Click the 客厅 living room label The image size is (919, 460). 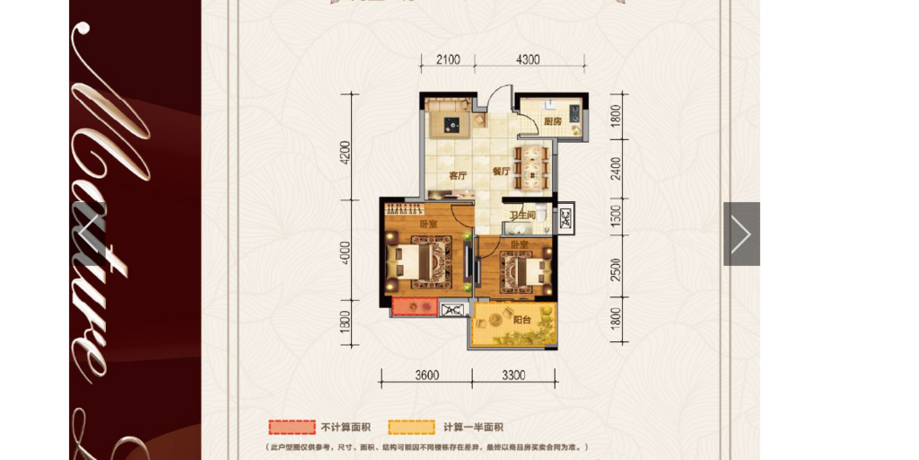[x=458, y=175]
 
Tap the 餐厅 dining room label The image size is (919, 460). [x=501, y=170]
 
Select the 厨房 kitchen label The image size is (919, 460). [x=552, y=121]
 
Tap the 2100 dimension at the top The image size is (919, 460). [x=448, y=59]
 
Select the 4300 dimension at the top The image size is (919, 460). [x=529, y=59]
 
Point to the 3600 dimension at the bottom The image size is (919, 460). [x=426, y=375]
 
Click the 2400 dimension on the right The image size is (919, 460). [x=616, y=168]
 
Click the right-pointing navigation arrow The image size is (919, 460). [x=741, y=234]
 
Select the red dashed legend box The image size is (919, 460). [x=291, y=427]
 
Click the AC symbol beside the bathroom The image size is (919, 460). [x=565, y=217]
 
